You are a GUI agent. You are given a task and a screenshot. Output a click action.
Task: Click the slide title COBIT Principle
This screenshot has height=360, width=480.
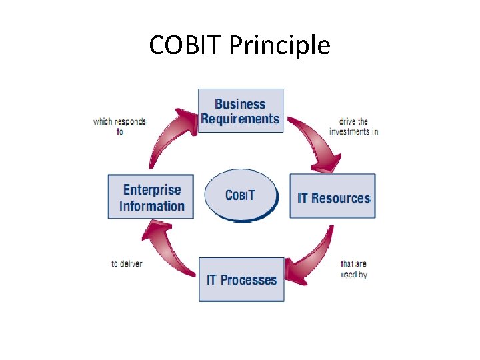pos(239,45)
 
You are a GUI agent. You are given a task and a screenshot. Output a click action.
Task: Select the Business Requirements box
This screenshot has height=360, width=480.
pos(241,111)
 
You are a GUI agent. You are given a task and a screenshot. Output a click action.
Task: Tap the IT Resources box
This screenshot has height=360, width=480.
pos(332,196)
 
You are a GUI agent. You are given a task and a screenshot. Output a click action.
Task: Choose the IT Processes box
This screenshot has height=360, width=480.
pos(241,279)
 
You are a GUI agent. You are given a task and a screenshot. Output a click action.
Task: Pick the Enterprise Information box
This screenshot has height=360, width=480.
pos(151,197)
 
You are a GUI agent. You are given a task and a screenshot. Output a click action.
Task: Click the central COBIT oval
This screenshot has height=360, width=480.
pos(240,195)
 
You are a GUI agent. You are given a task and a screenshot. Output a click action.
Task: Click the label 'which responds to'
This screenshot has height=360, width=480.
pos(119,126)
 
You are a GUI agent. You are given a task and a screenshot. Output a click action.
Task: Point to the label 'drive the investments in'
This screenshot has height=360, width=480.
pos(353,127)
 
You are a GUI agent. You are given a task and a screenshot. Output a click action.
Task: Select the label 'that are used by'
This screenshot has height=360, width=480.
pos(353,269)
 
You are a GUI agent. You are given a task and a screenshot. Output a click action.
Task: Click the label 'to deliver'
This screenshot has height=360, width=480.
pos(126,263)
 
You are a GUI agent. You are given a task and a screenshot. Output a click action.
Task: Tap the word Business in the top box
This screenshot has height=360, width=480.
pos(240,104)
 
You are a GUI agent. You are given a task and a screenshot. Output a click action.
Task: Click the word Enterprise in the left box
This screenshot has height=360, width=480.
pos(152,189)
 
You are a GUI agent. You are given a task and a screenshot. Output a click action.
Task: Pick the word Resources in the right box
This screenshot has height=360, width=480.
pos(341,198)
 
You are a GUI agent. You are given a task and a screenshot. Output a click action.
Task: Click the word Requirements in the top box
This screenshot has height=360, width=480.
pos(240,119)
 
